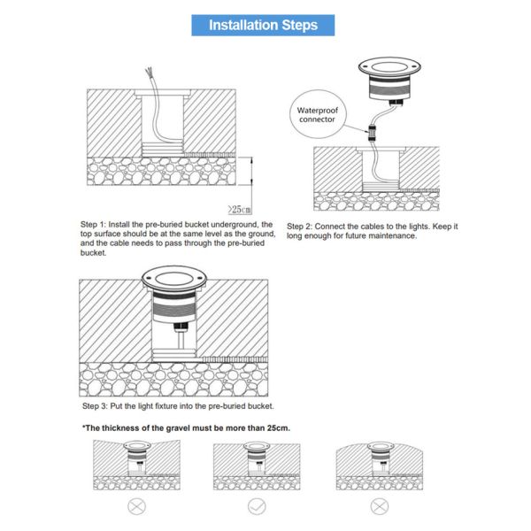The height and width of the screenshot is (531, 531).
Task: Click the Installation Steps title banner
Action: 263,25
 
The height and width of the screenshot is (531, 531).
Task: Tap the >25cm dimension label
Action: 240,209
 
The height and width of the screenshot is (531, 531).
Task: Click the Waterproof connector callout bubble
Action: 318,114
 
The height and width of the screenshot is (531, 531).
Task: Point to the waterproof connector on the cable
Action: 373,133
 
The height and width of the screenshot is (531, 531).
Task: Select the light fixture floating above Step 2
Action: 389,81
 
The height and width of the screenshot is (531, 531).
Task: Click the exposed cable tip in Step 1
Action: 149,72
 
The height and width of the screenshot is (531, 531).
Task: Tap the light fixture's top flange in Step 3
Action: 174,280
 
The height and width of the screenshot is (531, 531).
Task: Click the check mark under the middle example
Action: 257,506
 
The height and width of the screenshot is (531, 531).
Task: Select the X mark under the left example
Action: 136,507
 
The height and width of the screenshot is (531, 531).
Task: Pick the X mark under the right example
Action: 380,507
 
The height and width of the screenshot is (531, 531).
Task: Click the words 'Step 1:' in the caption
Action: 93,225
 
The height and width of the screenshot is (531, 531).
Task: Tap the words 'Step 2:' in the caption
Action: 299,227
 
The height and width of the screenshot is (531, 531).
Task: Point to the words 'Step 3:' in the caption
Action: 95,406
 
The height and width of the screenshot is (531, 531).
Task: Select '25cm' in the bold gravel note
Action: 278,428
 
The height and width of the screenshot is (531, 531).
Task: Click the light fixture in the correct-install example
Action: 257,455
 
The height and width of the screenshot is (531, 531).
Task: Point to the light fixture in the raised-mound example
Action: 381,455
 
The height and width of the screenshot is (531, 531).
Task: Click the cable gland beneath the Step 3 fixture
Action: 181,327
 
